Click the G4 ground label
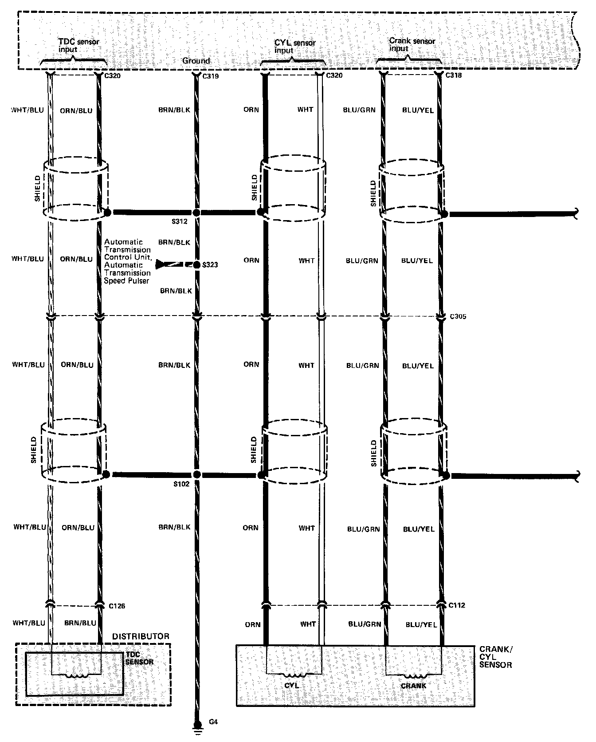click(213, 722)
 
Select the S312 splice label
click(181, 221)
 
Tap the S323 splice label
click(210, 265)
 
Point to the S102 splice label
click(181, 484)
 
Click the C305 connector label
click(458, 317)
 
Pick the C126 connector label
click(117, 606)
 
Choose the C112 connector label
click(457, 605)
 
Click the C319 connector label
click(211, 76)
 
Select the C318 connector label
click(453, 75)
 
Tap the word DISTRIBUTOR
click(141, 636)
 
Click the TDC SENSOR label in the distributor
click(139, 658)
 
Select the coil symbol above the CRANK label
click(413, 677)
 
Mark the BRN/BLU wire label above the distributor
click(80, 623)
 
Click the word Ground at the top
click(196, 60)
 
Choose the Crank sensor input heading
click(412, 44)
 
